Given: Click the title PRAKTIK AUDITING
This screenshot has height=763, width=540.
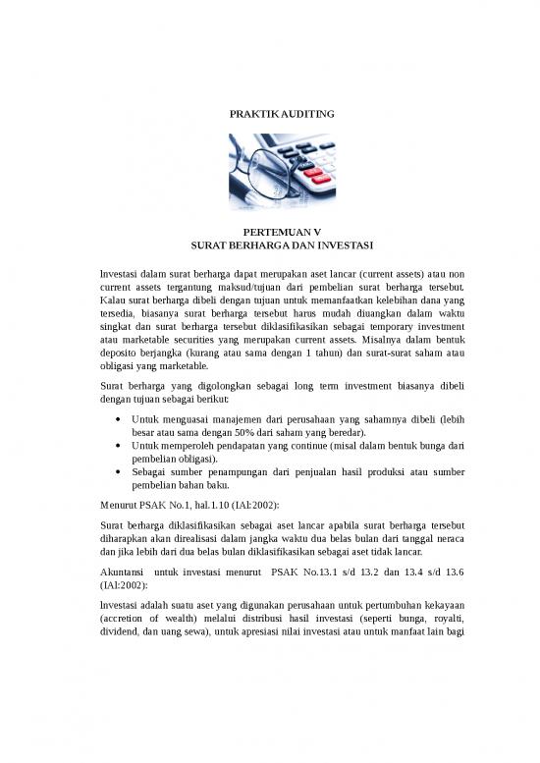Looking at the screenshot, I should tap(269, 115).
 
